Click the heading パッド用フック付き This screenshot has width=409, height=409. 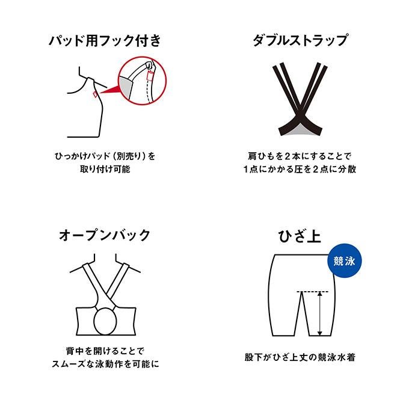(x=105, y=41)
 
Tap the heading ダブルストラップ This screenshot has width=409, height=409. (x=300, y=41)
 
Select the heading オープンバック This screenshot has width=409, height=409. (x=105, y=235)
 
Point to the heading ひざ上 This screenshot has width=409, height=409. (x=300, y=236)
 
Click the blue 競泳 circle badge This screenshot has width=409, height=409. (x=345, y=260)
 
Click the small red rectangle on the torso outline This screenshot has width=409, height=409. (x=95, y=94)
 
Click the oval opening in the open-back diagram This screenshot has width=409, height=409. (x=105, y=321)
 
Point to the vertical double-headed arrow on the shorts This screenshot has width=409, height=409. (x=320, y=313)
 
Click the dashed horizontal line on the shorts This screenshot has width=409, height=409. (x=313, y=291)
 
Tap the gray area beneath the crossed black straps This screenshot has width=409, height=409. (x=300, y=131)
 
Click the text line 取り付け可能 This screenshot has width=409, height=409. (x=105, y=169)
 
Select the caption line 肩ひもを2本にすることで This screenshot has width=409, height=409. (x=300, y=156)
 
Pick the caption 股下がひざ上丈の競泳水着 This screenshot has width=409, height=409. (x=300, y=357)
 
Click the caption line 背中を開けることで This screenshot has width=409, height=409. (x=105, y=351)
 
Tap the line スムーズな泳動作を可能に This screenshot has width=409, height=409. (x=105, y=364)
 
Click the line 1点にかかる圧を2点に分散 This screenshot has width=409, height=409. (x=300, y=169)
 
